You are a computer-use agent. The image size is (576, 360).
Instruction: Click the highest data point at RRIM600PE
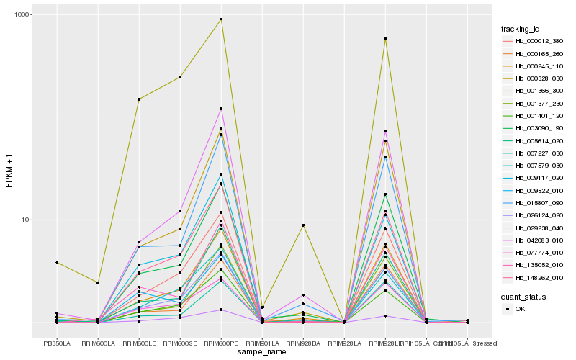pos(221,19)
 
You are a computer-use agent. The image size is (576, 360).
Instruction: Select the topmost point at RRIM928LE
pos(385,38)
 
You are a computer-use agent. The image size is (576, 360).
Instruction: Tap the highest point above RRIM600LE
pos(139,99)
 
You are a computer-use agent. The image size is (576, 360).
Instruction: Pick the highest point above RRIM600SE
pos(180,77)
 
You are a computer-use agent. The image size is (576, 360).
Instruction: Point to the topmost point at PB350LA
pos(56,263)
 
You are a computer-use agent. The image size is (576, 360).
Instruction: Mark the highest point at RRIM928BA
pos(303,225)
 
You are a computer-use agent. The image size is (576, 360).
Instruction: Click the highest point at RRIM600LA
pos(97,282)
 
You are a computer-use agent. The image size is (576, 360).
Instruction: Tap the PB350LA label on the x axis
pos(56,343)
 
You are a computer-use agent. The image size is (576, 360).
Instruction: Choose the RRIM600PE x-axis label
pos(221,343)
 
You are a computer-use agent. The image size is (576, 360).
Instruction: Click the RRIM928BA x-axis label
pos(303,343)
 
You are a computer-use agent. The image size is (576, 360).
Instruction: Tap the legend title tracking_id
pos(521,29)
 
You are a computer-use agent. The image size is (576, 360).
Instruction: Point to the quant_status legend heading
pos(523,296)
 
